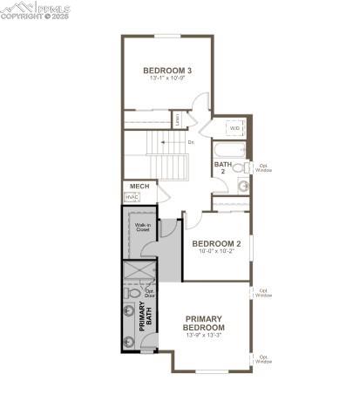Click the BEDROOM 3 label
click(x=167, y=71)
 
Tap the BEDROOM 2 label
click(x=216, y=243)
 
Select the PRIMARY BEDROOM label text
click(x=204, y=323)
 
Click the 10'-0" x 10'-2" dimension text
click(x=216, y=252)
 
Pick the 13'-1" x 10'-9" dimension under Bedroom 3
click(x=167, y=79)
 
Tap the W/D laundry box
click(x=235, y=128)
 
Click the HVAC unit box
click(x=132, y=198)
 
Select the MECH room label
click(x=138, y=187)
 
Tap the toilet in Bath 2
click(x=246, y=166)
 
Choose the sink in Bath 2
click(x=243, y=185)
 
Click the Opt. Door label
click(x=149, y=294)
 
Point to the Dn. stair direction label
click(x=191, y=141)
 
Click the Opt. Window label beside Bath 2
click(x=263, y=167)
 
